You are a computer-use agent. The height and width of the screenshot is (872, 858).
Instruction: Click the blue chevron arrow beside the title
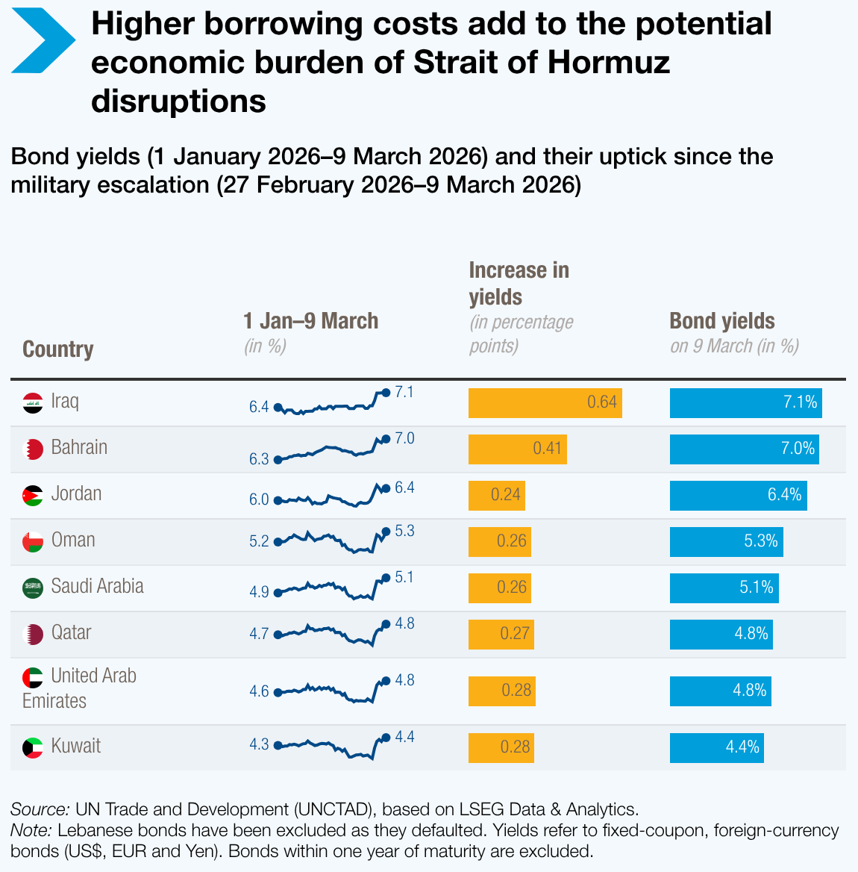43,40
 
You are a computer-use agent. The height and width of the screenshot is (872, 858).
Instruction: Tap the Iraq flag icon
32,403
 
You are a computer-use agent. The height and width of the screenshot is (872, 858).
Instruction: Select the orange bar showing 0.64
545,403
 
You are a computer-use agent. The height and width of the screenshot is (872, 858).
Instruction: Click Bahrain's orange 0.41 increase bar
517,449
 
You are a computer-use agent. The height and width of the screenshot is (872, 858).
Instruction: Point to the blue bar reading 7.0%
744,449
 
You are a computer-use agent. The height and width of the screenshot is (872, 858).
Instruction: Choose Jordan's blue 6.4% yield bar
738,496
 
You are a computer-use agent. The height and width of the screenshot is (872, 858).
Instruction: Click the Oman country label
73,541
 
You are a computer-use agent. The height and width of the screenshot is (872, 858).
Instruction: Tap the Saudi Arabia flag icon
32,588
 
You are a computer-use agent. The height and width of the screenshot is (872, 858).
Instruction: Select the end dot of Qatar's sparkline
386,624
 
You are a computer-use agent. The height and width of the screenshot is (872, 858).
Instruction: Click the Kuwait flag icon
32,747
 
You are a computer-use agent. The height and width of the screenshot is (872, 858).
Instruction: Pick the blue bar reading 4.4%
716,748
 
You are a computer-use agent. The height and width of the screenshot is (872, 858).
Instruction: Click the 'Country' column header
58,349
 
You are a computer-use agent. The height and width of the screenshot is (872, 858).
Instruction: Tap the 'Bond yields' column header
722,321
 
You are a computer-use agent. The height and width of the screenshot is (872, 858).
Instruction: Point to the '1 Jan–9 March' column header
311,321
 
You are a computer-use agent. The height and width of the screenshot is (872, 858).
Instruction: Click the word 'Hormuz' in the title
608,63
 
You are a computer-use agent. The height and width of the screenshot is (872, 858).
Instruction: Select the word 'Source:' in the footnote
40,809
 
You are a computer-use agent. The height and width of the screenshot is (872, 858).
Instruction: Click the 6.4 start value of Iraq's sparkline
259,408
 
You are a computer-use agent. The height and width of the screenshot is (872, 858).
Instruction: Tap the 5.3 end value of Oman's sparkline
404,532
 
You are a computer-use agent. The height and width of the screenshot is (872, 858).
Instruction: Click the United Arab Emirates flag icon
32,678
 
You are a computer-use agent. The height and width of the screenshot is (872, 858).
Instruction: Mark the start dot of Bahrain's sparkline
278,460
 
